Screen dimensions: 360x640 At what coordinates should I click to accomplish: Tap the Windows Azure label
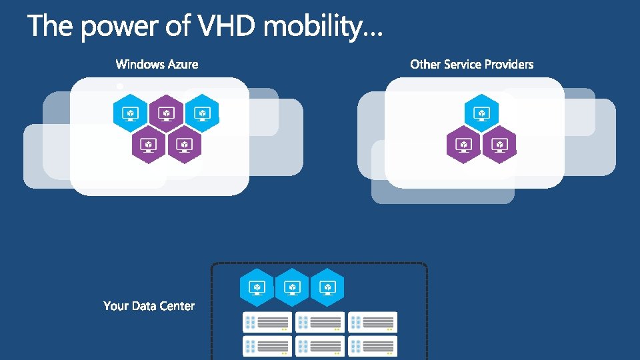coord(157,65)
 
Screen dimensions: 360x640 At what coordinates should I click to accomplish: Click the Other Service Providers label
coord(472,65)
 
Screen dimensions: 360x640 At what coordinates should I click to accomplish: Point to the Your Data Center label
coord(149,306)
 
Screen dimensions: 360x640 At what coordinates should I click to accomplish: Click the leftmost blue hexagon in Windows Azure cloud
coord(130,113)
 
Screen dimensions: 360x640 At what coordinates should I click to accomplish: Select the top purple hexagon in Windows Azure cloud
coord(166,113)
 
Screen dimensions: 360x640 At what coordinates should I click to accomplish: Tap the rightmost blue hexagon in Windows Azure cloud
coord(202,113)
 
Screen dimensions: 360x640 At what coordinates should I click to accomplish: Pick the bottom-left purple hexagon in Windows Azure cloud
coord(148,144)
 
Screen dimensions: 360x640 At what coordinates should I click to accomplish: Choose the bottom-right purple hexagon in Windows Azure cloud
coord(184,144)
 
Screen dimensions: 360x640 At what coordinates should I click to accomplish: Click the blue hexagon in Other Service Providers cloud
coord(481,113)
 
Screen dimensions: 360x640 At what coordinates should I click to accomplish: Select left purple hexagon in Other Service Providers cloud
coord(463,144)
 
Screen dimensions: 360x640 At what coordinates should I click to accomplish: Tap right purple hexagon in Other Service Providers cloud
coord(499,144)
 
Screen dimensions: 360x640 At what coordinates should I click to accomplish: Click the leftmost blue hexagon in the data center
coord(257,287)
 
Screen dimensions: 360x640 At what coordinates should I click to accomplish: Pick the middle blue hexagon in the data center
coord(292,287)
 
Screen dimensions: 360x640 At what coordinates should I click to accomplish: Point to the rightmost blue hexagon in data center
coord(327,287)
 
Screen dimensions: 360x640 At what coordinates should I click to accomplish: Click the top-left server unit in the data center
coord(267,322)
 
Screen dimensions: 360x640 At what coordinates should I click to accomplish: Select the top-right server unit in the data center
coord(373,322)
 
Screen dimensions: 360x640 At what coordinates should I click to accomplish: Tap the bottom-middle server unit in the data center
coord(320,346)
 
